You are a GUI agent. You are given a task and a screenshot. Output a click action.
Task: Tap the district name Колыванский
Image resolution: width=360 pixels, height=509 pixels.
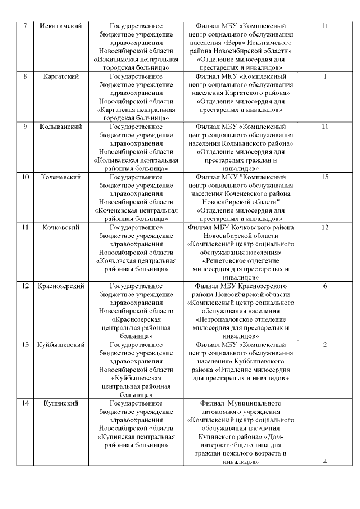tap(61, 127)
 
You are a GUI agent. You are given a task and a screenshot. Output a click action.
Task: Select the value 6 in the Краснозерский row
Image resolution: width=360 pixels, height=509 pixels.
tap(325, 286)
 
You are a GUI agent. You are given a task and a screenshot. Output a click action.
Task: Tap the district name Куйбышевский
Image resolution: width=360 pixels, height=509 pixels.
tap(61, 344)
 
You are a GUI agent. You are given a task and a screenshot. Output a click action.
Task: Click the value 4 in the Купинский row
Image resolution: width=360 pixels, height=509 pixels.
tap(325, 462)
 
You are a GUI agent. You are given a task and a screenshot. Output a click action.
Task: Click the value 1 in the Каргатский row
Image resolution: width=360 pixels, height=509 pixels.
tap(325, 76)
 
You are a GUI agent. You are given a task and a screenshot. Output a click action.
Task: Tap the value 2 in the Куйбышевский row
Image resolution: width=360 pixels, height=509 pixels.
tap(325, 344)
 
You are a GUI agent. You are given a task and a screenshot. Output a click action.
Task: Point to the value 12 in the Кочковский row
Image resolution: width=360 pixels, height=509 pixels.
tap(325, 227)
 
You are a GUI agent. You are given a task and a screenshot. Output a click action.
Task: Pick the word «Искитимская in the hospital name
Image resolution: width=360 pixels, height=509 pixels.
tap(120, 59)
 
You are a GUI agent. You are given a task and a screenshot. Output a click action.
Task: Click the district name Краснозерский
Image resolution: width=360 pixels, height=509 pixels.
tap(61, 286)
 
